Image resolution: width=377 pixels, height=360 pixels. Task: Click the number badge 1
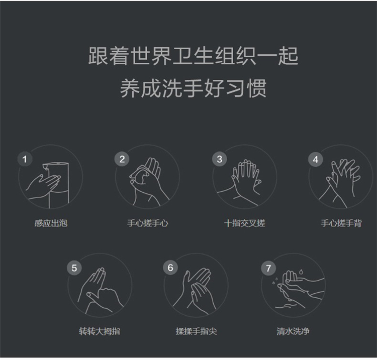coord(25,159)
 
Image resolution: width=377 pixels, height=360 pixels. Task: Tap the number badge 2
coord(122,159)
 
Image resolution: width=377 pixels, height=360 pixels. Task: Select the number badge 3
coord(219,159)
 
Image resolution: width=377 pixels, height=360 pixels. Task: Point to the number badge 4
coord(316,159)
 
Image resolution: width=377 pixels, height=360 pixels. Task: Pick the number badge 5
coord(74,268)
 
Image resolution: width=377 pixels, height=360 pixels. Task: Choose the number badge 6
coord(170,268)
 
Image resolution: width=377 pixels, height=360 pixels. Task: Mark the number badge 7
coord(268,268)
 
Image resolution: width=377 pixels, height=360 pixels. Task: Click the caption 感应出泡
coord(51,223)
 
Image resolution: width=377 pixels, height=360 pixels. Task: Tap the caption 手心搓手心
coord(148,223)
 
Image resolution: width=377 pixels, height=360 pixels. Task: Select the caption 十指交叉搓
coord(244,223)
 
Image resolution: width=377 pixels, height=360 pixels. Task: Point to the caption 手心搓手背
coord(341,223)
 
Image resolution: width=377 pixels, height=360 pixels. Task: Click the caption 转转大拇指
coord(100,331)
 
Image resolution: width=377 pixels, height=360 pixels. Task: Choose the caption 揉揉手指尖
coord(196,331)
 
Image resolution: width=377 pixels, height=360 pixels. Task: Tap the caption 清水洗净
coord(293,331)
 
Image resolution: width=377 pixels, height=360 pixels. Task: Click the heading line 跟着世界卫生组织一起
coord(194,56)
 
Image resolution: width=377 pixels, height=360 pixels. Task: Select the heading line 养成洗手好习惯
coord(194,88)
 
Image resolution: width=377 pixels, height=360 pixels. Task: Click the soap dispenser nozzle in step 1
coord(46,166)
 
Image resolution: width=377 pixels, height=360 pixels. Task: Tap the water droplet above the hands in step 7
coord(301,272)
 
